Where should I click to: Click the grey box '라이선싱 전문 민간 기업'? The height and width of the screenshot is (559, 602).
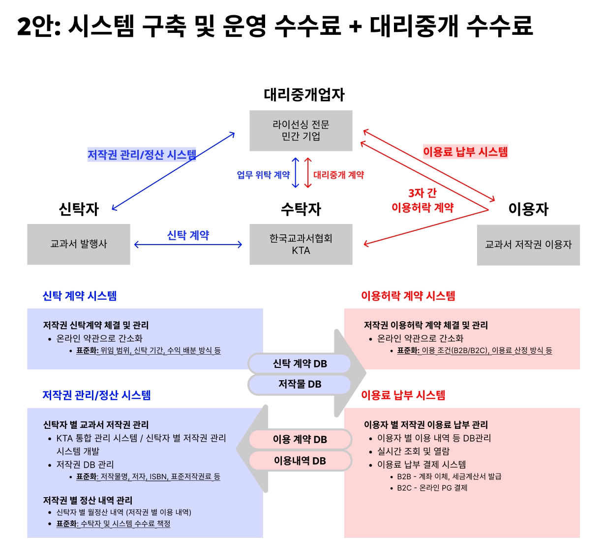coord(301,130)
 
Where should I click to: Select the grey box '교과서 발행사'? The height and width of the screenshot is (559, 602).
coord(79,244)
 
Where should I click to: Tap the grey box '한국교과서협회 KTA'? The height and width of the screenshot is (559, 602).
coord(301,244)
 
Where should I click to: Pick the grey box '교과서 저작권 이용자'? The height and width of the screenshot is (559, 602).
coord(528,245)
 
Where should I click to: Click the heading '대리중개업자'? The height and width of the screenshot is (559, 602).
coord(304,94)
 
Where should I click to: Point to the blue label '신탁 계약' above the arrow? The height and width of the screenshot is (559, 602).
coord(188,235)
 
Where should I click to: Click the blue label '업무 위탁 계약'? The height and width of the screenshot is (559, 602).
coord(263,175)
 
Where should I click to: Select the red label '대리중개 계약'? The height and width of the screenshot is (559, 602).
coord(338,175)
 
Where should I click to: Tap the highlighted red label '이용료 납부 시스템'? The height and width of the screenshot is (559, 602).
coord(465,152)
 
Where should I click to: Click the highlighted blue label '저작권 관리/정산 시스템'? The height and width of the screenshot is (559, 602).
coord(142,155)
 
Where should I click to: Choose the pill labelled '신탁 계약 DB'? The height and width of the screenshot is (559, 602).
coord(300,363)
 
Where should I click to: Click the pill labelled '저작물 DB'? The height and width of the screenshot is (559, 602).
coord(300,384)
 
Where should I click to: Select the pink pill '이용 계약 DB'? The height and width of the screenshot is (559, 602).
coord(300,439)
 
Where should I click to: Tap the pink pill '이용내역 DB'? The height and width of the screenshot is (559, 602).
coord(300,461)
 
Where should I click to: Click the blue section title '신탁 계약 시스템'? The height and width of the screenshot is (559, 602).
coord(80,296)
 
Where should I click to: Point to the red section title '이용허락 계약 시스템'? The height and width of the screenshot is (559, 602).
coord(408,296)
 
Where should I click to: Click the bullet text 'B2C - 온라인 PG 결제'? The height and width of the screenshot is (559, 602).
coord(432,488)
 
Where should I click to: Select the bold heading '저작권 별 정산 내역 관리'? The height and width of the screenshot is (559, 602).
coord(88,500)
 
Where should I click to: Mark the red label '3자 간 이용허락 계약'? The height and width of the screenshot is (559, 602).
coord(422,200)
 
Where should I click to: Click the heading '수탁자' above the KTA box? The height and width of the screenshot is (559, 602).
coord(301,209)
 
